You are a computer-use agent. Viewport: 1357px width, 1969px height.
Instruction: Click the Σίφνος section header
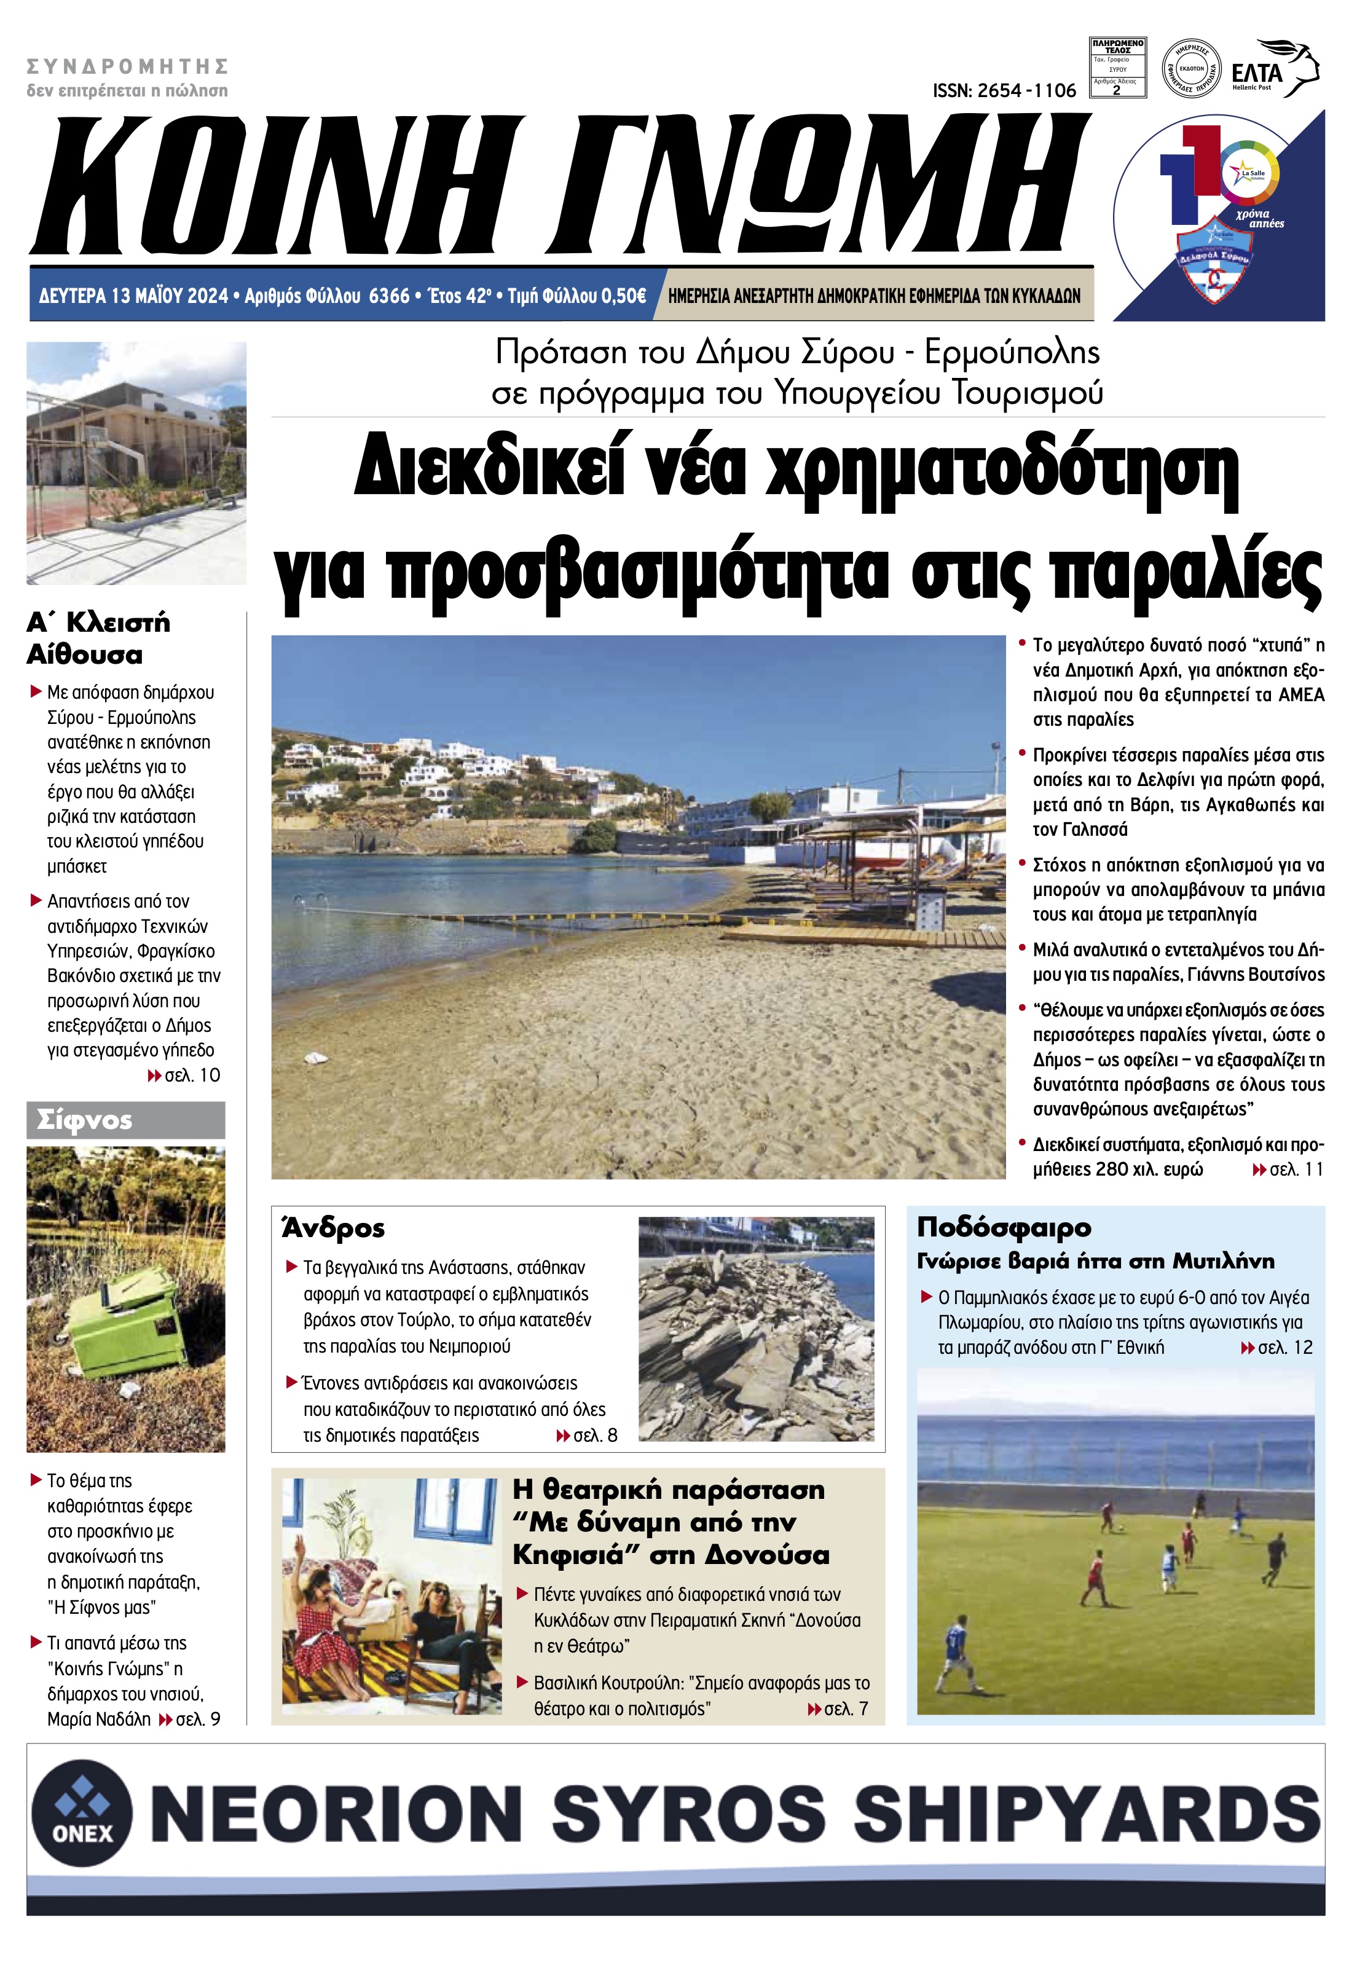click(84, 1120)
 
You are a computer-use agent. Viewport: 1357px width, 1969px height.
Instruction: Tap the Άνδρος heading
click(333, 1228)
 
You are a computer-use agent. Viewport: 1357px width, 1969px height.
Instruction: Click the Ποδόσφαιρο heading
click(1003, 1227)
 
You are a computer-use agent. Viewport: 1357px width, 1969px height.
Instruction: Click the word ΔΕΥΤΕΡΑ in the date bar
click(73, 296)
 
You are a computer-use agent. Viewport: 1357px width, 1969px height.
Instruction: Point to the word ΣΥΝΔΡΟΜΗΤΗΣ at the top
click(128, 66)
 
